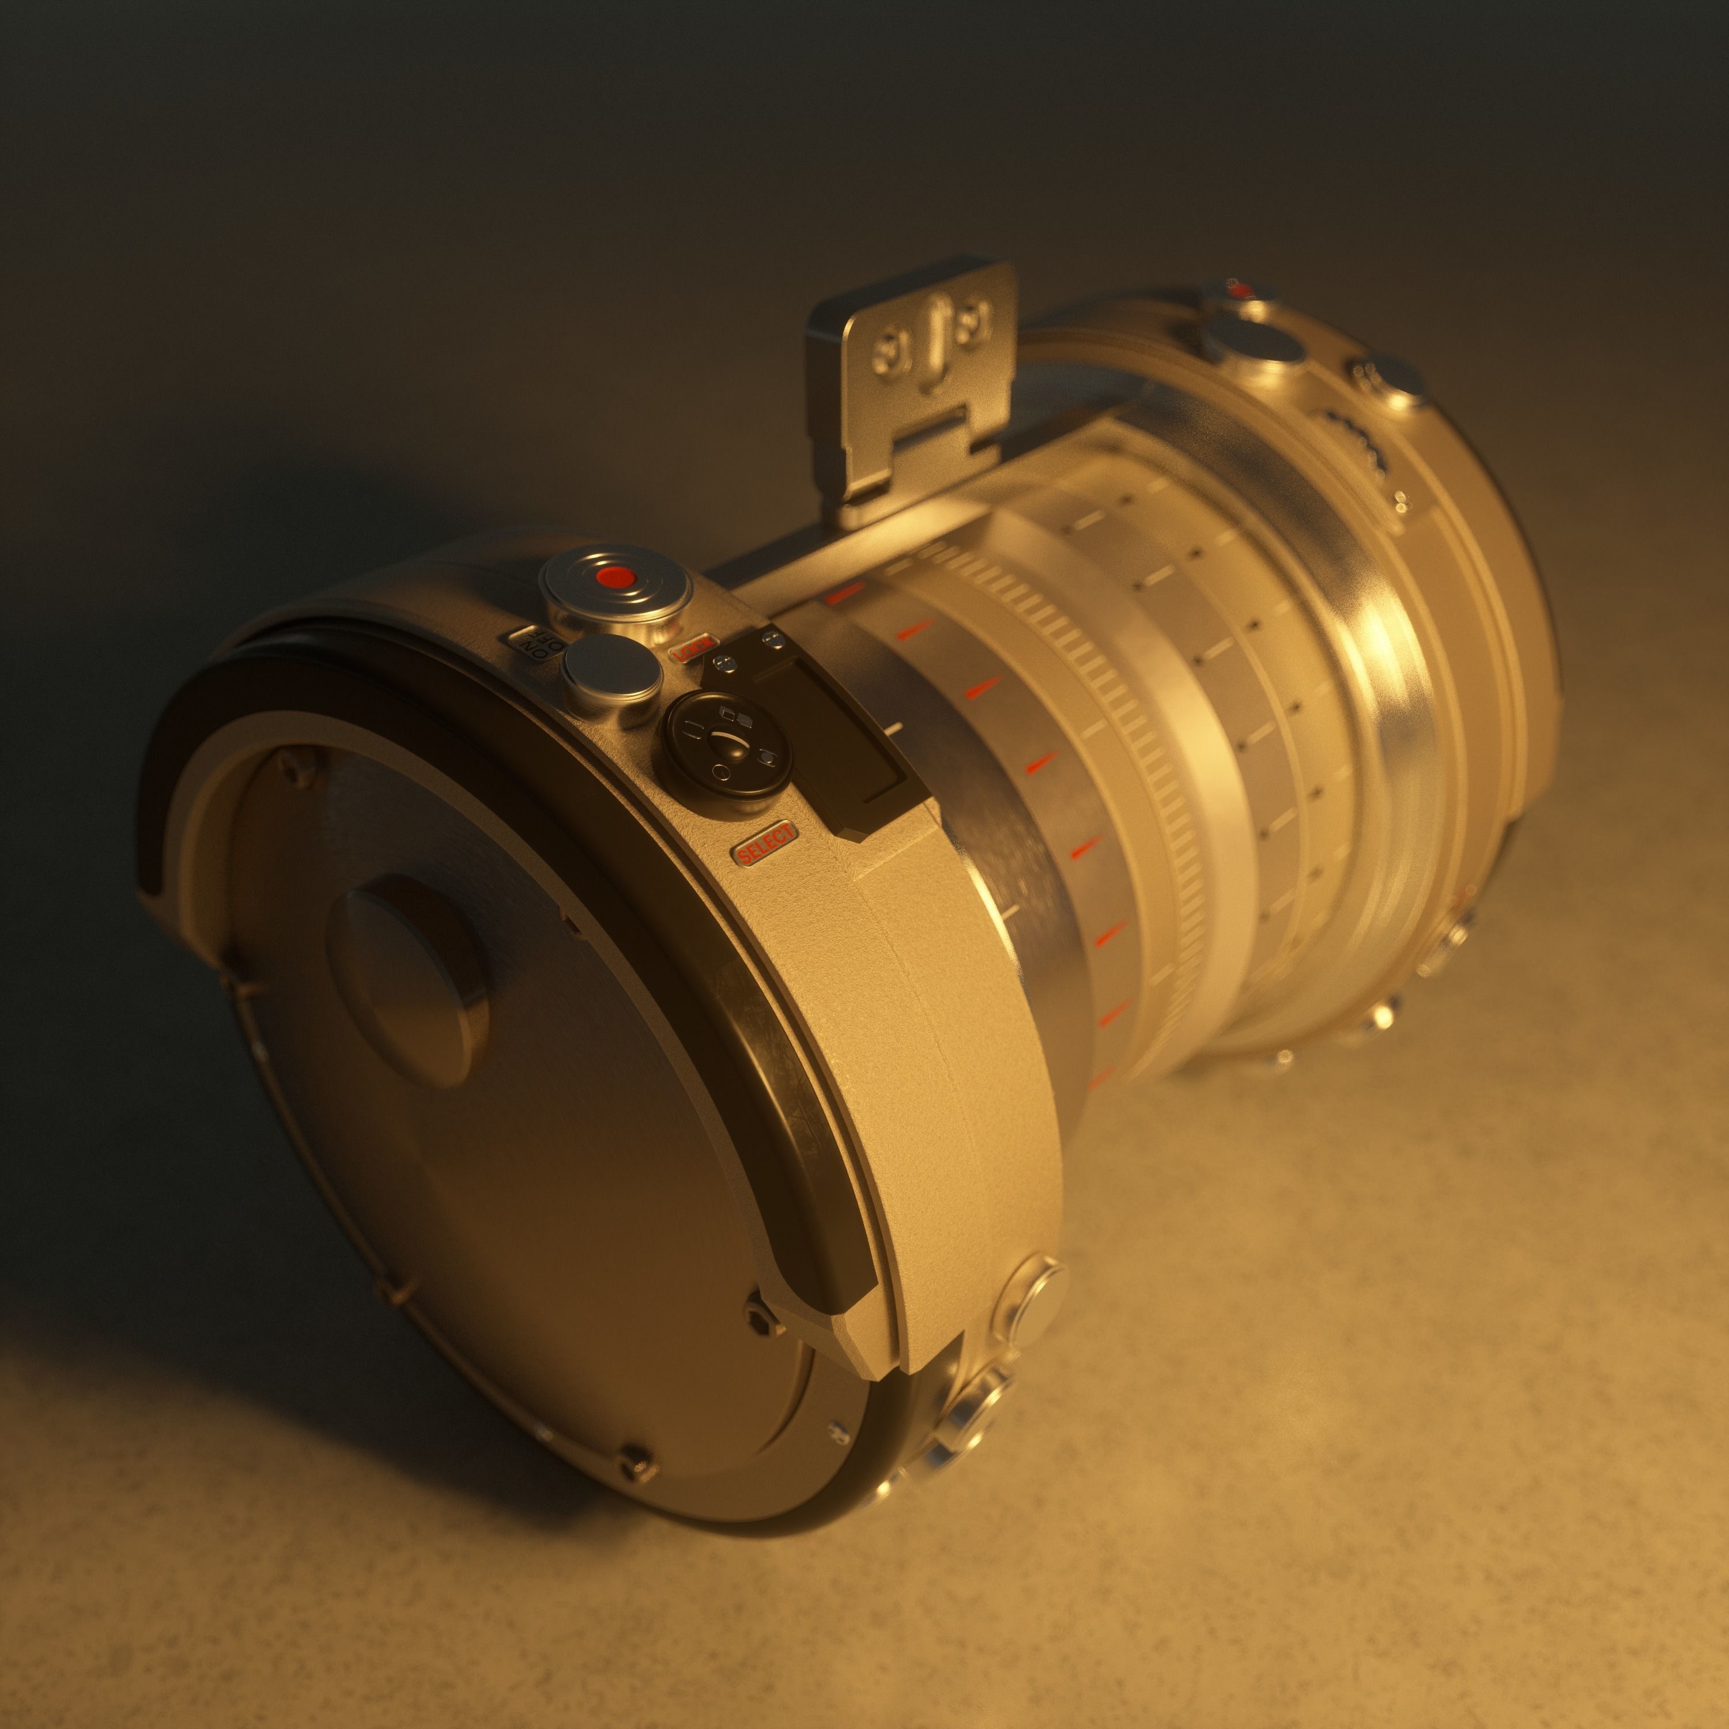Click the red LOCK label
coord(694,647)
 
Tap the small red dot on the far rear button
coord(1240,289)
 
